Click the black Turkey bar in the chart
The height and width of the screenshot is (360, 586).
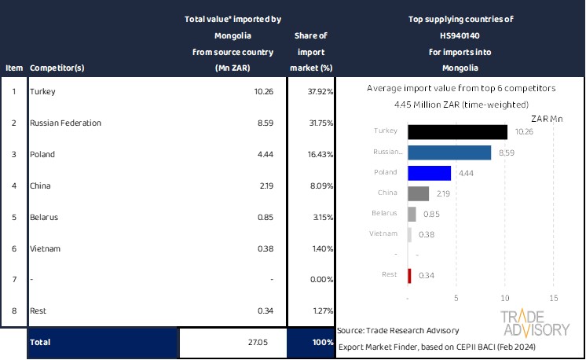click(457, 131)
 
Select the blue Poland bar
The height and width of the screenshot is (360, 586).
click(430, 173)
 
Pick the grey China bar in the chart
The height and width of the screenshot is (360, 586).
click(419, 193)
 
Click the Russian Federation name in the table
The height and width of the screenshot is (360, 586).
click(65, 123)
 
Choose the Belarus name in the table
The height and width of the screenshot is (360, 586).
click(44, 218)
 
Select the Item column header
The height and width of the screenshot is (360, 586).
click(14, 68)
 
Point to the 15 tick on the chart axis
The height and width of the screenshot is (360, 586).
click(553, 299)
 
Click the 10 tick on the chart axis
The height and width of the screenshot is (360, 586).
click(505, 299)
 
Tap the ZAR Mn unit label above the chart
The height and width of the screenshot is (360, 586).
click(547, 118)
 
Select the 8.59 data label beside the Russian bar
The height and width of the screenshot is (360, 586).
click(503, 152)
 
